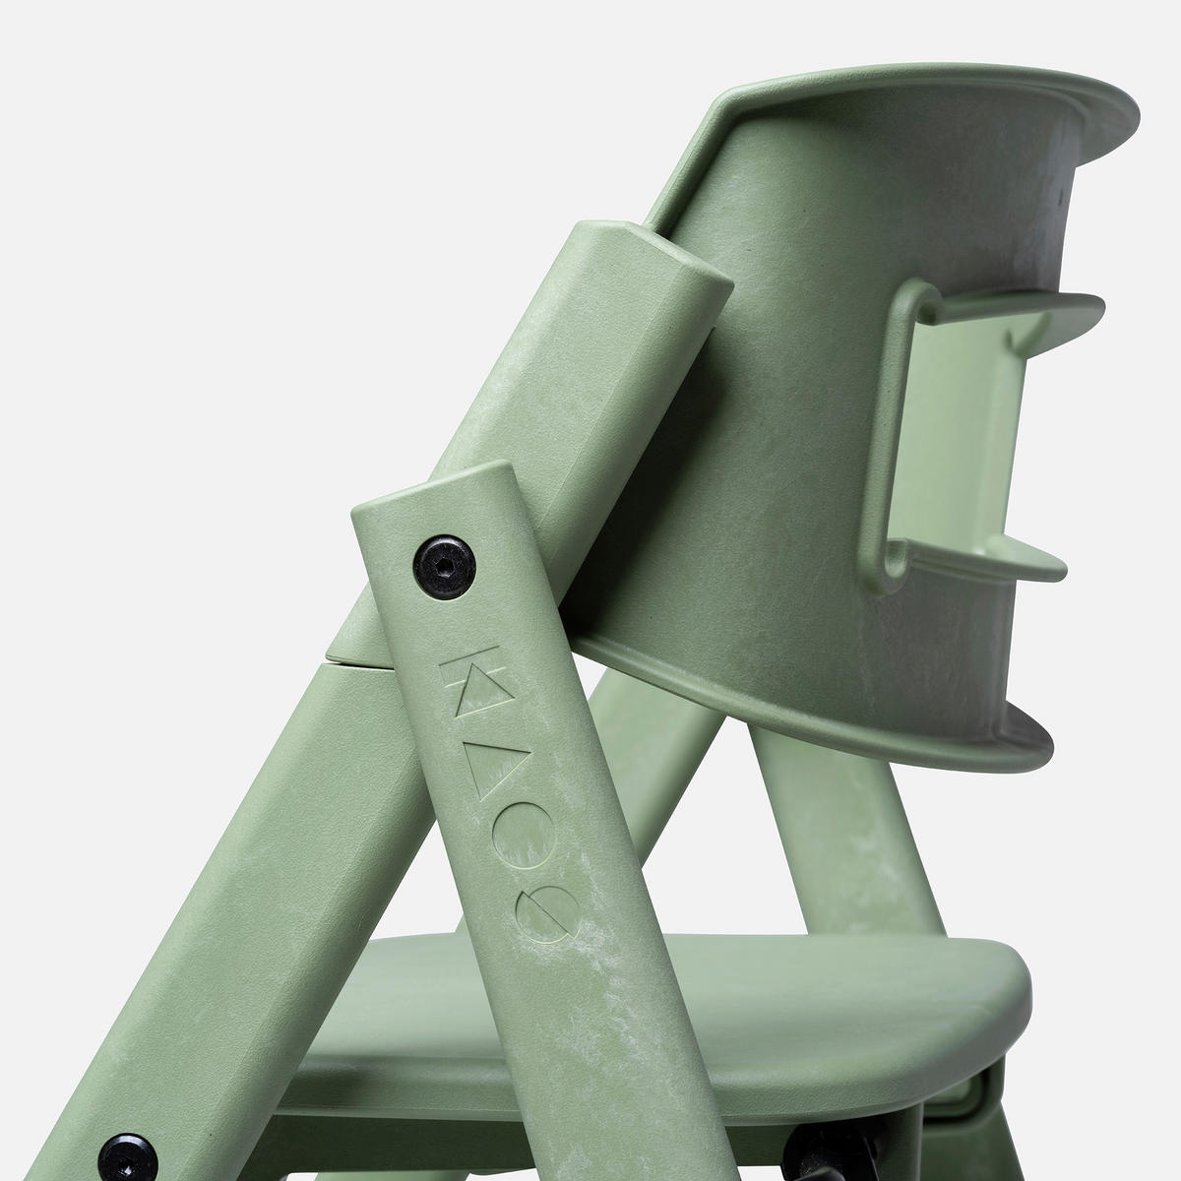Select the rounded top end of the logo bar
click(433, 492)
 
